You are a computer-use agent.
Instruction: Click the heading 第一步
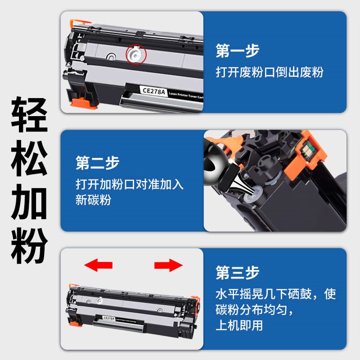tap(237, 51)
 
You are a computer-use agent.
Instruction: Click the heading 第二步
tap(97, 163)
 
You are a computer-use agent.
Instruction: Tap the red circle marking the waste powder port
tap(136, 54)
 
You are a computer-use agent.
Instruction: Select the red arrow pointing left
tap(99, 265)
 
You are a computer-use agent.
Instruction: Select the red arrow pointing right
tap(168, 265)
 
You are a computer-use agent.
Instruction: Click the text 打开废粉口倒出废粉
tap(269, 72)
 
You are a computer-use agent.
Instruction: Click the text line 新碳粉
tap(93, 200)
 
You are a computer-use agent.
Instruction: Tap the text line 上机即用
tap(239, 325)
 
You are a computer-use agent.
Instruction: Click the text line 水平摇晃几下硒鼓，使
tap(275, 295)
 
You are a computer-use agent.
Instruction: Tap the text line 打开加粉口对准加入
tap(130, 185)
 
